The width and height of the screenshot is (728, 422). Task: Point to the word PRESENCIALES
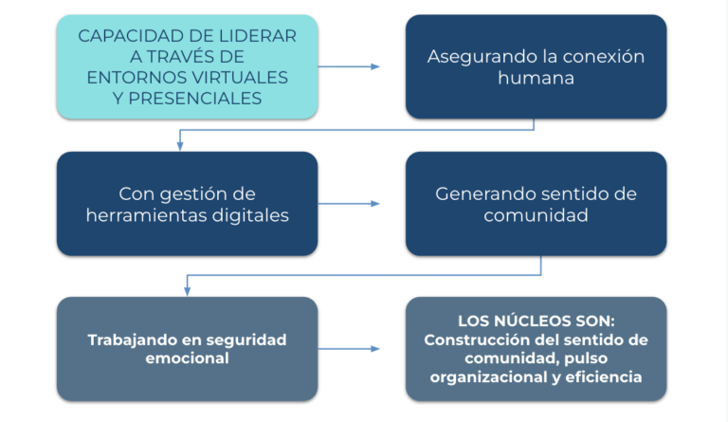pyautogui.click(x=194, y=99)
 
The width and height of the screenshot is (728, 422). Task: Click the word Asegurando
pyautogui.click(x=479, y=58)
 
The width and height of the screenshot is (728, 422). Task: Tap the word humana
pyautogui.click(x=536, y=78)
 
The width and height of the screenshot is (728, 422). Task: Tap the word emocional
pyautogui.click(x=187, y=358)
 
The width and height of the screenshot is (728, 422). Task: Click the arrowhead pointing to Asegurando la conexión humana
pyautogui.click(x=375, y=66)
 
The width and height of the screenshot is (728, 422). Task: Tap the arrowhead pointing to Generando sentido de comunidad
pyautogui.click(x=375, y=204)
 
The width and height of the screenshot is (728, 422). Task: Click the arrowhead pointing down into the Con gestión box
pyautogui.click(x=180, y=146)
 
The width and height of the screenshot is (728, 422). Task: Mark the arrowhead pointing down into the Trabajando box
pyautogui.click(x=187, y=291)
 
